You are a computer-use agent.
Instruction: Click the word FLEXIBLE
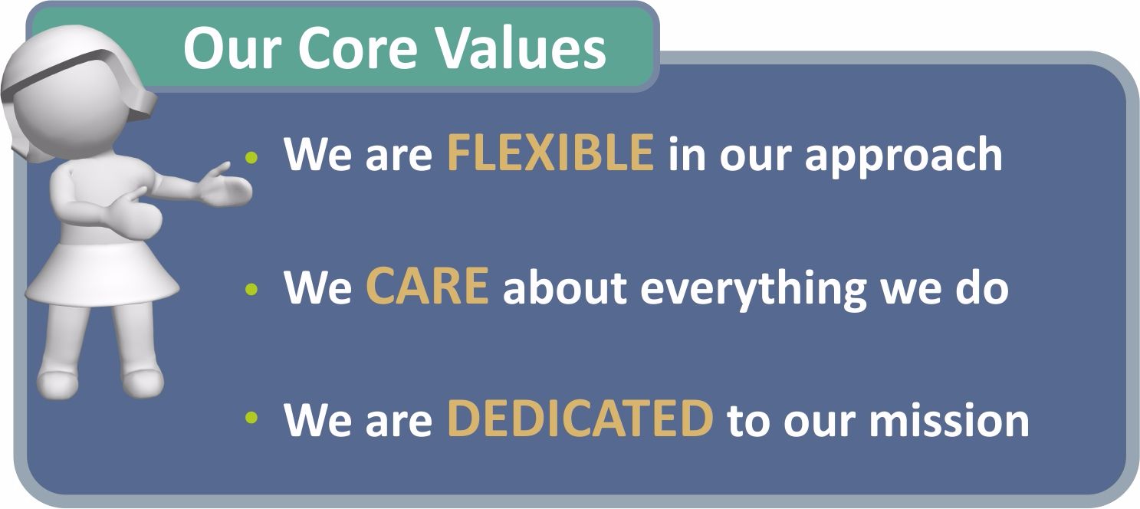550,153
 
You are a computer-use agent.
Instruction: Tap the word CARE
428,286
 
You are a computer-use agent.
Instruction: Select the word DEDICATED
580,419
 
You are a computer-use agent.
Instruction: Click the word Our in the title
232,48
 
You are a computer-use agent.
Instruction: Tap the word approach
903,156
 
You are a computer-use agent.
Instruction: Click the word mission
949,420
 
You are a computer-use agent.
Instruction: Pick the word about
564,286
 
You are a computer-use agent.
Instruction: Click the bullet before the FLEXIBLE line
251,157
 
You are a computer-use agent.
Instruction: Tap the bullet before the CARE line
251,290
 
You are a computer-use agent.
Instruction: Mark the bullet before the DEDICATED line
251,418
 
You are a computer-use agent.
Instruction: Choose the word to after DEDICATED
748,420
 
